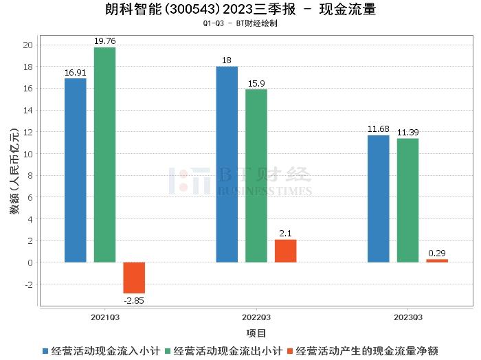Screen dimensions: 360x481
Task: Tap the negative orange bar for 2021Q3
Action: coord(134,278)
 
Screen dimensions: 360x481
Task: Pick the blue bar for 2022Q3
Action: coord(227,164)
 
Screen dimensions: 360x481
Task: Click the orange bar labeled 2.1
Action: coord(285,251)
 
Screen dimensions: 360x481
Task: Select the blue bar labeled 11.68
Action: coord(379,199)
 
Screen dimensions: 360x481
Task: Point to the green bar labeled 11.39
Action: coord(407,201)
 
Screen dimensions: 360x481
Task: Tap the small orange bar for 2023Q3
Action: coord(437,260)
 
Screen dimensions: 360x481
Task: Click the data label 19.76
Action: coord(104,41)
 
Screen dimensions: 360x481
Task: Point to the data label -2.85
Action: coord(134,300)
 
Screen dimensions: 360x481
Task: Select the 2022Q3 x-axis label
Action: coord(256,318)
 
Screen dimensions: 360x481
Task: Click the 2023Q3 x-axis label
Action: coord(407,318)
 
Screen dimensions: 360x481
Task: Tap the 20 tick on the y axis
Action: coord(28,45)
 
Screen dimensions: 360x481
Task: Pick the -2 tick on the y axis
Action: coord(28,284)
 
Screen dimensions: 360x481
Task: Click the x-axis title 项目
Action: coord(256,333)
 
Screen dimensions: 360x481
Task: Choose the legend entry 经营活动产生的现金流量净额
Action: coord(367,350)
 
